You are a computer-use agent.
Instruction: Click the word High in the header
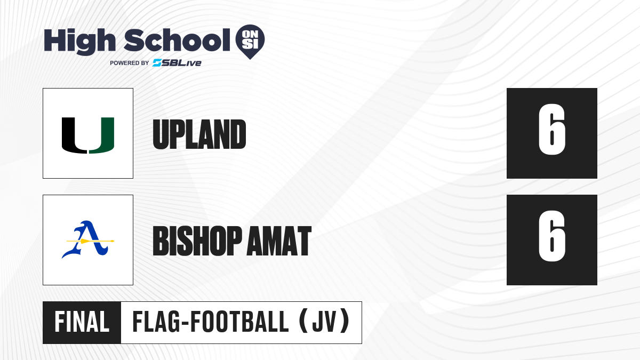79,42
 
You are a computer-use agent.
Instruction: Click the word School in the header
177,40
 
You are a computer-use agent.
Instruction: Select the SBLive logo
177,63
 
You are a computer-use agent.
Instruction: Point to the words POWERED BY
130,63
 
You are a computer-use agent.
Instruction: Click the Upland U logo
88,135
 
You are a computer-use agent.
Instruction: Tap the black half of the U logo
74,135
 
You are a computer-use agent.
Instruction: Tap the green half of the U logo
102,135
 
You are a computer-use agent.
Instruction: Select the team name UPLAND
199,134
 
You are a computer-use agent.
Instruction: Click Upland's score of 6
551,130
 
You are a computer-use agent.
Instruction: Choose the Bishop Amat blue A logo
87,239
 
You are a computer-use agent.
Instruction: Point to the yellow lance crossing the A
90,241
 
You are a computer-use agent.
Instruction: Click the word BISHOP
197,241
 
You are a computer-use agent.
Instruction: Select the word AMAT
279,241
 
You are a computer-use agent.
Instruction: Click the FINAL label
82,322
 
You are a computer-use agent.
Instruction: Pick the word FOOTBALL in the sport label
239,322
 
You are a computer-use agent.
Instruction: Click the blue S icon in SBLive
157,63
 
